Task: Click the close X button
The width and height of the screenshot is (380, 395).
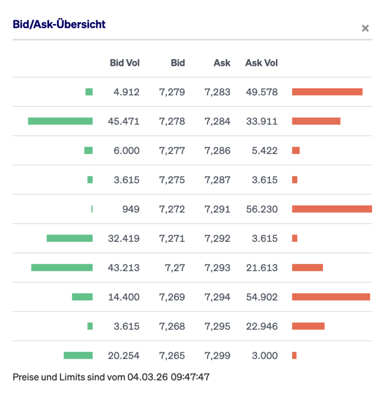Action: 365,28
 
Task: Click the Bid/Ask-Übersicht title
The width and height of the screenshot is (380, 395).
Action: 59,24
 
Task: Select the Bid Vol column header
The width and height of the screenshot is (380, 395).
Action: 124,63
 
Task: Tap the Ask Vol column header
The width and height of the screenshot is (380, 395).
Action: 261,63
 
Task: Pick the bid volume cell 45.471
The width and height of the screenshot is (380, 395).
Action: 124,121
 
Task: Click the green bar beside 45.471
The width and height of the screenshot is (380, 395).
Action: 60,121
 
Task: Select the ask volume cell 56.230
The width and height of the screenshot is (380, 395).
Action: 261,209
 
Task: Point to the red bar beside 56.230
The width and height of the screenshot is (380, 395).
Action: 332,209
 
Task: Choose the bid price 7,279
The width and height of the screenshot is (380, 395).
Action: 172,92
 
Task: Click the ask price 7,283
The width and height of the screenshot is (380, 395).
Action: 217,92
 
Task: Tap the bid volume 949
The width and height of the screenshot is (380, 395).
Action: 131,209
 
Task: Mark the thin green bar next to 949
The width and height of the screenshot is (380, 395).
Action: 92,209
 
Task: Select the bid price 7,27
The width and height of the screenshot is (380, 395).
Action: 175,268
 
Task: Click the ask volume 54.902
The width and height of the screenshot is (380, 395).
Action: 261,297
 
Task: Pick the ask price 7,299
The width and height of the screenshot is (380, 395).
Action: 217,355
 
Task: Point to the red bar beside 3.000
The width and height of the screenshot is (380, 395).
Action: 294,355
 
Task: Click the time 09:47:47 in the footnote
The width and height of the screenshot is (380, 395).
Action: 193,377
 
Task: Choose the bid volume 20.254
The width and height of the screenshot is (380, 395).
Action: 124,355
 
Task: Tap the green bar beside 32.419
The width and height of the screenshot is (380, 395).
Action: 70,238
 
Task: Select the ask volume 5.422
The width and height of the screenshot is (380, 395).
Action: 265,151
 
